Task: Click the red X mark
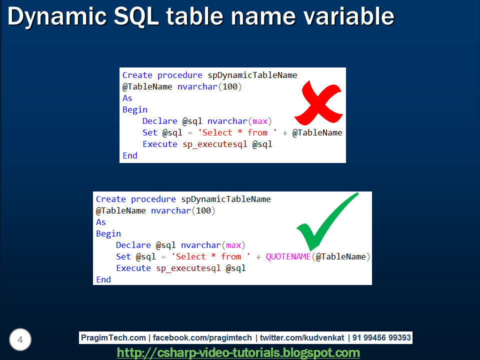tap(317, 104)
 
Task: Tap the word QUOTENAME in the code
tap(288, 256)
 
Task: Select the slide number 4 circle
tap(20, 340)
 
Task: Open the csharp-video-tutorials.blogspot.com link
tap(238, 353)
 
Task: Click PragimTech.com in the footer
tap(113, 338)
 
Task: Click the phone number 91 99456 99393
tap(381, 338)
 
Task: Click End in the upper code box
tap(130, 155)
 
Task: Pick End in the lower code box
tap(103, 279)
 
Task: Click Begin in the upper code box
tap(135, 109)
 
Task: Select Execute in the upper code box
tap(160, 144)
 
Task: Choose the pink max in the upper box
tap(259, 121)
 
